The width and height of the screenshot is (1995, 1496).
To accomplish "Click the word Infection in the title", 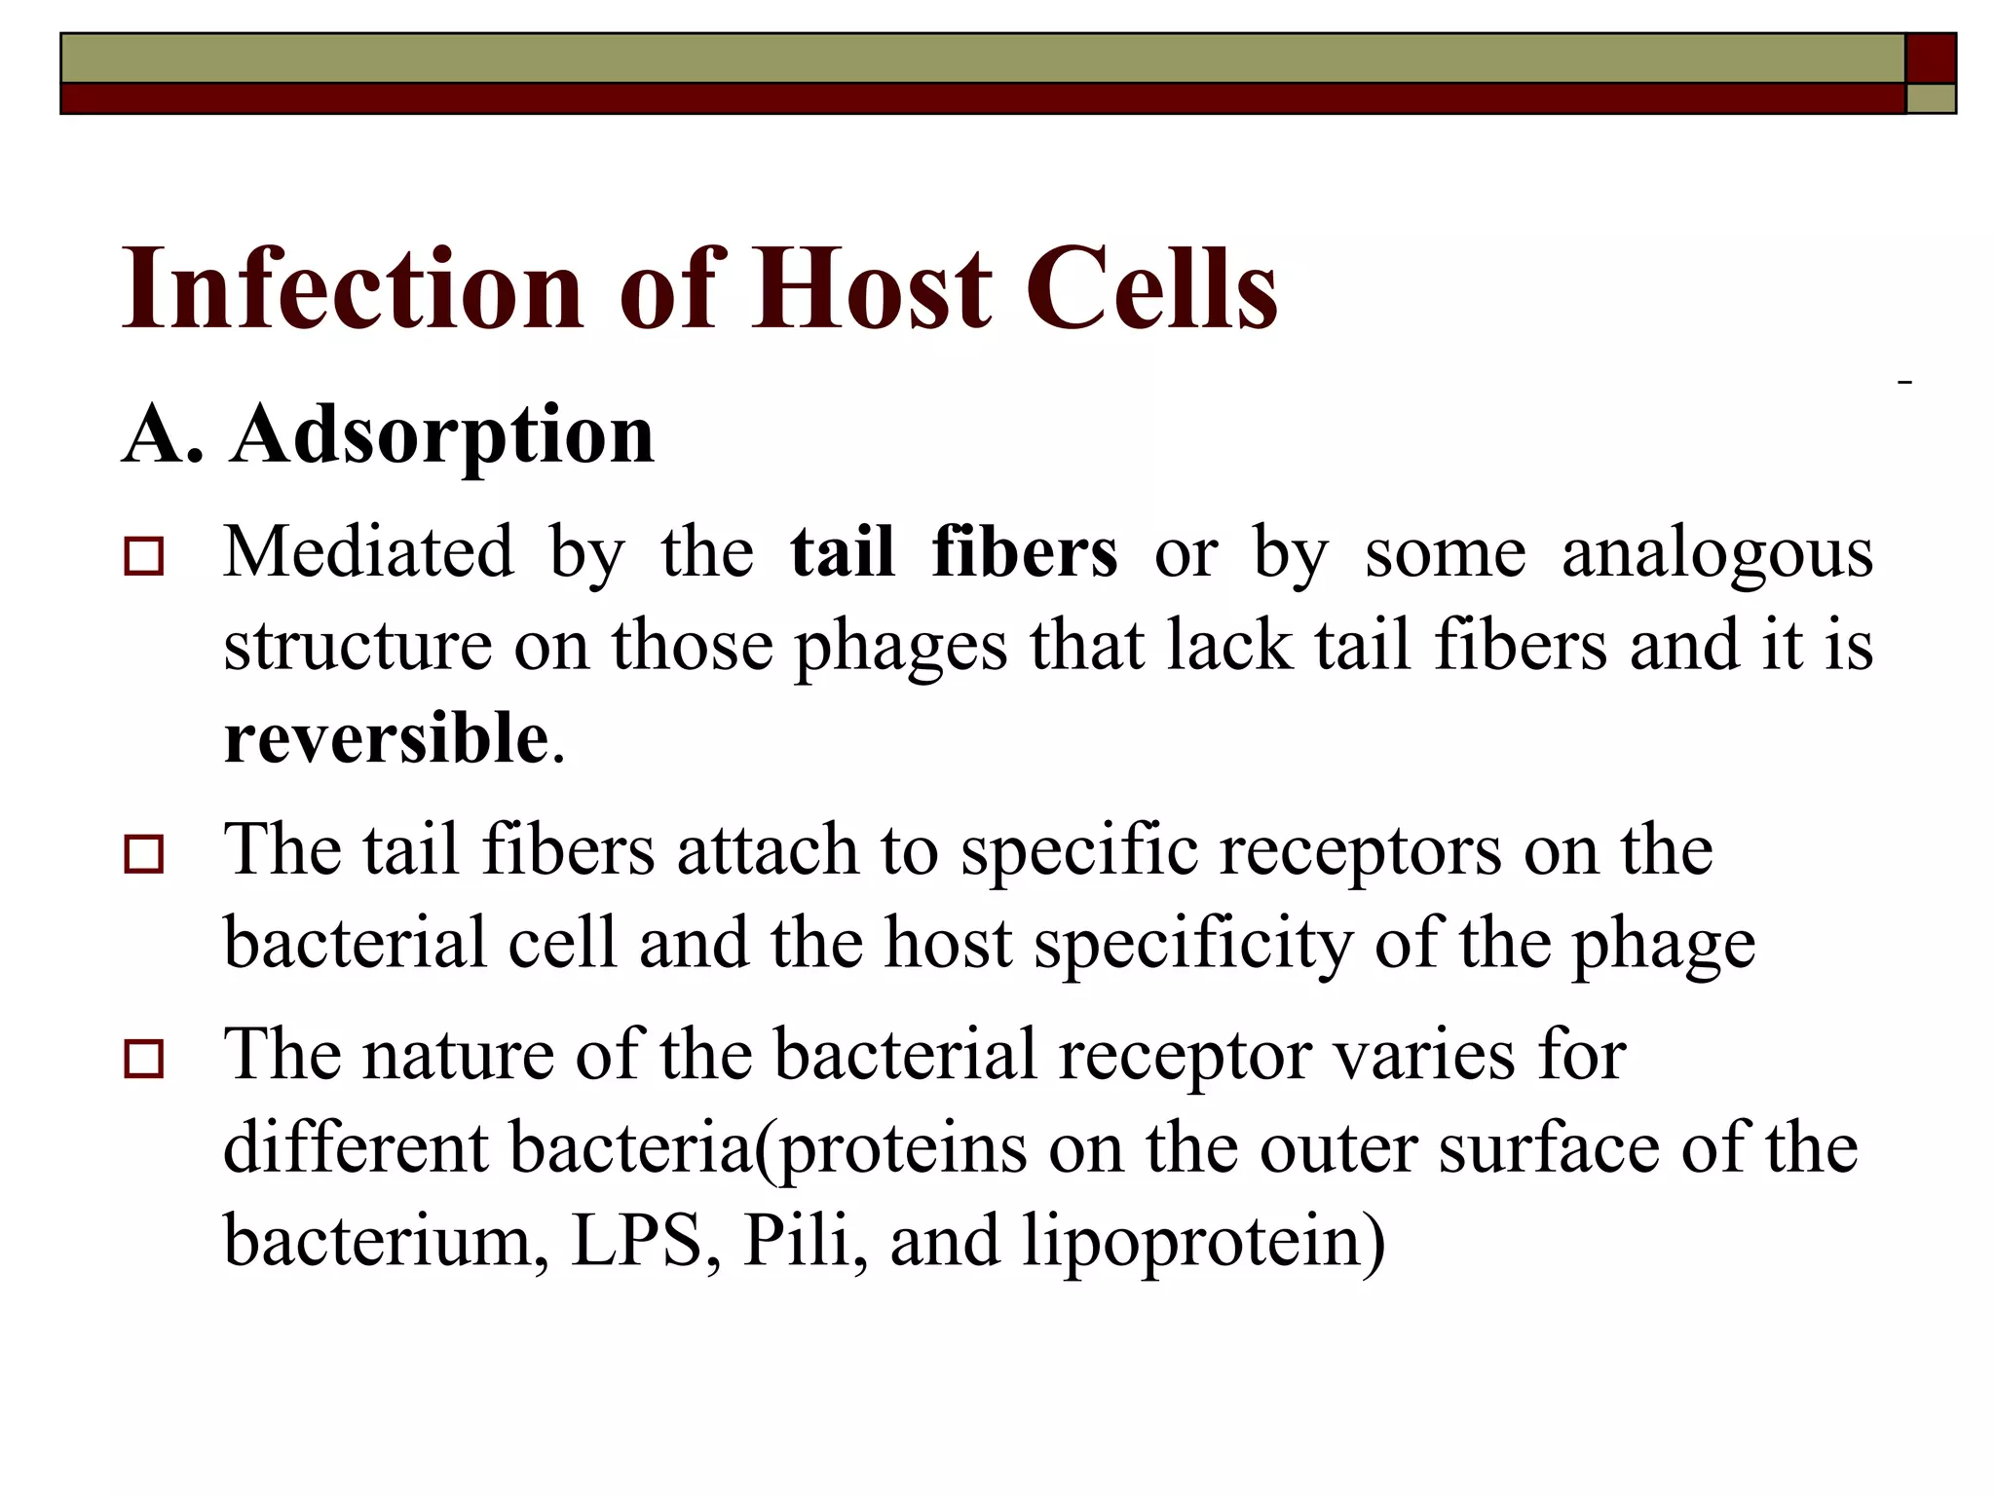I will [352, 288].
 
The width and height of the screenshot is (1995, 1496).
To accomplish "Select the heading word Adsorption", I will [442, 434].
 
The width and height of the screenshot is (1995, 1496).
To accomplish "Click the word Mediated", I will [368, 553].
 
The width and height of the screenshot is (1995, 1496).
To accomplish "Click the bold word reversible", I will [386, 738].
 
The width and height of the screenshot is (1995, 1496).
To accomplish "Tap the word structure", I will [358, 647].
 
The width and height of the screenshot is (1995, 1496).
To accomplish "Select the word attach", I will [768, 850].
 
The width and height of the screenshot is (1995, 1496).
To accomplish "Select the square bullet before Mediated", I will [143, 557].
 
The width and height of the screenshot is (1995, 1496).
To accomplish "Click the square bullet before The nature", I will [143, 1059].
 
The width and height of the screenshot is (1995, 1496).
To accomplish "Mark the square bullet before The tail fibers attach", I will [143, 854].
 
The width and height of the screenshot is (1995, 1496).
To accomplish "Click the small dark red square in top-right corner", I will [1931, 58].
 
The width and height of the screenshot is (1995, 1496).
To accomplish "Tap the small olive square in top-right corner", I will [1931, 98].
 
